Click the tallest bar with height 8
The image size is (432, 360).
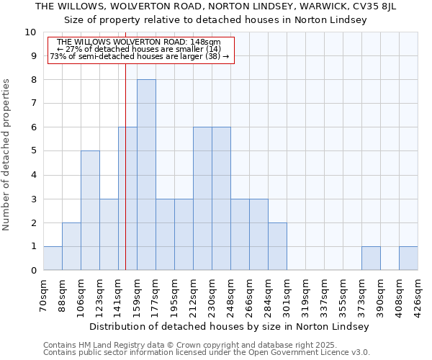click(146, 175)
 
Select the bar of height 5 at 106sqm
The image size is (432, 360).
click(90, 210)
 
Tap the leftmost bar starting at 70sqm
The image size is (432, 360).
click(53, 258)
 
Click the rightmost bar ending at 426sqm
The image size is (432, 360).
click(408, 258)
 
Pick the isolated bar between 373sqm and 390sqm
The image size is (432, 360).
click(371, 258)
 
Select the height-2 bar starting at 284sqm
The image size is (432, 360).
click(277, 246)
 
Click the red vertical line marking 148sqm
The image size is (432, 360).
click(125, 180)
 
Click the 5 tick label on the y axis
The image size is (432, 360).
click(33, 151)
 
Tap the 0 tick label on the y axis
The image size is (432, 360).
click(33, 271)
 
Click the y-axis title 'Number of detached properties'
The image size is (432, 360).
click(6, 155)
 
